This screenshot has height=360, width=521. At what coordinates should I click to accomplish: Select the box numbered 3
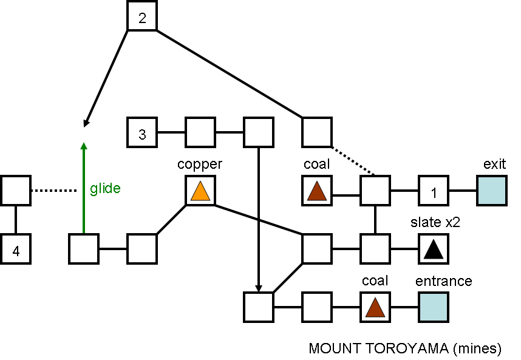click(x=142, y=132)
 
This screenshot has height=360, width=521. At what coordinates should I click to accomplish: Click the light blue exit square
click(x=492, y=191)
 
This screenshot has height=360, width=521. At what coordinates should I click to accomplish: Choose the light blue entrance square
click(x=434, y=307)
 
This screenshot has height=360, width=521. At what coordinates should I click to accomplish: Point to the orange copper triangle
click(x=200, y=192)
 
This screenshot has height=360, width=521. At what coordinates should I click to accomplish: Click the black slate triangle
click(x=434, y=250)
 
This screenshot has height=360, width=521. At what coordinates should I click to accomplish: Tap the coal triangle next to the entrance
click(x=375, y=308)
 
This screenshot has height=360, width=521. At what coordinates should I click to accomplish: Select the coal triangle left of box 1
click(x=317, y=192)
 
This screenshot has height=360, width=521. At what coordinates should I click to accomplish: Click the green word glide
click(x=106, y=188)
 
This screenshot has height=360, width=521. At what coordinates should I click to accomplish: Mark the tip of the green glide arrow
click(x=84, y=143)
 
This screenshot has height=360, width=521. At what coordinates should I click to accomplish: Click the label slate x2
click(x=435, y=222)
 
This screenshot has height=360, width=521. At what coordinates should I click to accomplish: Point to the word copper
click(x=200, y=165)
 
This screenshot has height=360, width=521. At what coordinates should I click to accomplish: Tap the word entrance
click(x=443, y=281)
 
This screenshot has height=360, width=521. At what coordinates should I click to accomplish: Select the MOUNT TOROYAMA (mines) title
click(x=405, y=348)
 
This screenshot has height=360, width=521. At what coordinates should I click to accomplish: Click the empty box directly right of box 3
click(x=200, y=132)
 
